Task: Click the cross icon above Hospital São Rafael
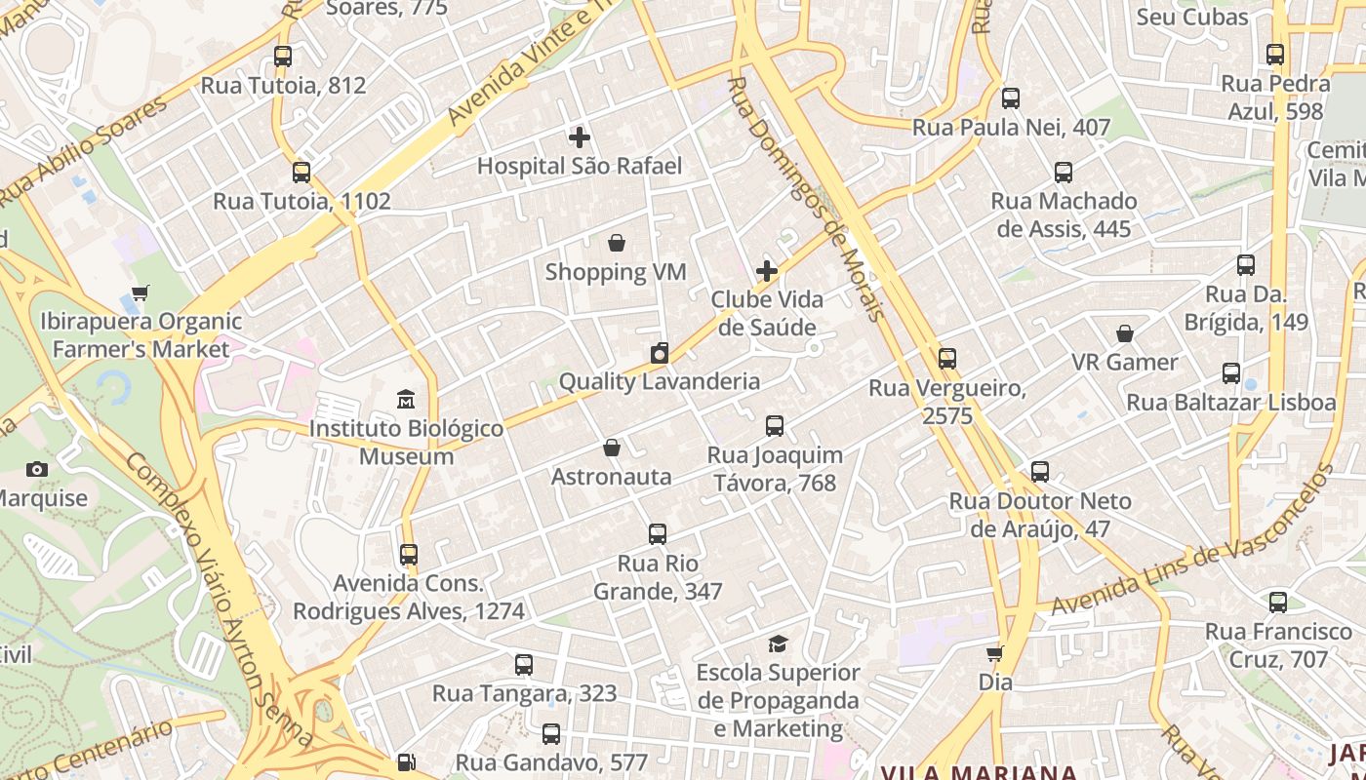pos(580,137)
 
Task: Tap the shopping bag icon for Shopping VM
pos(616,243)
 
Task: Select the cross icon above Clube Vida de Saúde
pos(767,270)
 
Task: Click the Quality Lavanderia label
pos(659,381)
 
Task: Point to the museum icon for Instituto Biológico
pos(406,400)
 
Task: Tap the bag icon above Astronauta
pos(612,448)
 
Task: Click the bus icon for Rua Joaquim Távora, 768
pos(775,426)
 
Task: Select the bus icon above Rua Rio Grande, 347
pos(658,534)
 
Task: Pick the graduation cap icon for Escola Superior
pos(778,643)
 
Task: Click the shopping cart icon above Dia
pos(994,653)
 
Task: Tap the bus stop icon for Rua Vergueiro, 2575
pos(946,359)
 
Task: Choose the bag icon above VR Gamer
pos(1125,333)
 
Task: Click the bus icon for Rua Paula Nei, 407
pos(1011,98)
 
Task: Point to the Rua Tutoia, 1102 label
pos(301,202)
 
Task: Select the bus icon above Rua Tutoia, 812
pos(283,57)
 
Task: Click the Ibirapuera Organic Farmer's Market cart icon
pos(141,292)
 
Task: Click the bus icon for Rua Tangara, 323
pos(524,665)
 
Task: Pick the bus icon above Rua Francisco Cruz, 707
pos(1278,603)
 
